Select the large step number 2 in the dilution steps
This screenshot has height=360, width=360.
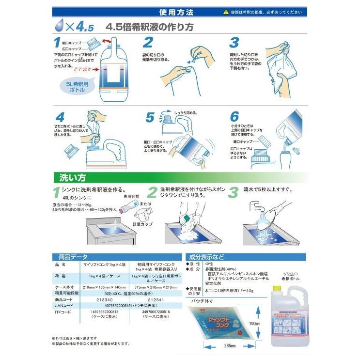click(148, 43)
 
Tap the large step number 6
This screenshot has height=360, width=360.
click(235, 117)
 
